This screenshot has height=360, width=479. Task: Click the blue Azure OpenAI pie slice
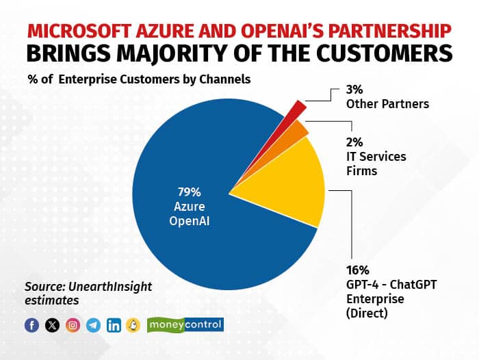[185, 233]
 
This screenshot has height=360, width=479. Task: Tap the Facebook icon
[31, 325]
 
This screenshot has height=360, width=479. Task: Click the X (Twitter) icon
[52, 325]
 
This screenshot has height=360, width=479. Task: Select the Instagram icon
[73, 325]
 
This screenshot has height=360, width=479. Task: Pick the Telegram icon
[93, 325]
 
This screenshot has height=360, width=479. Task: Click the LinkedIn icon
[114, 325]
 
